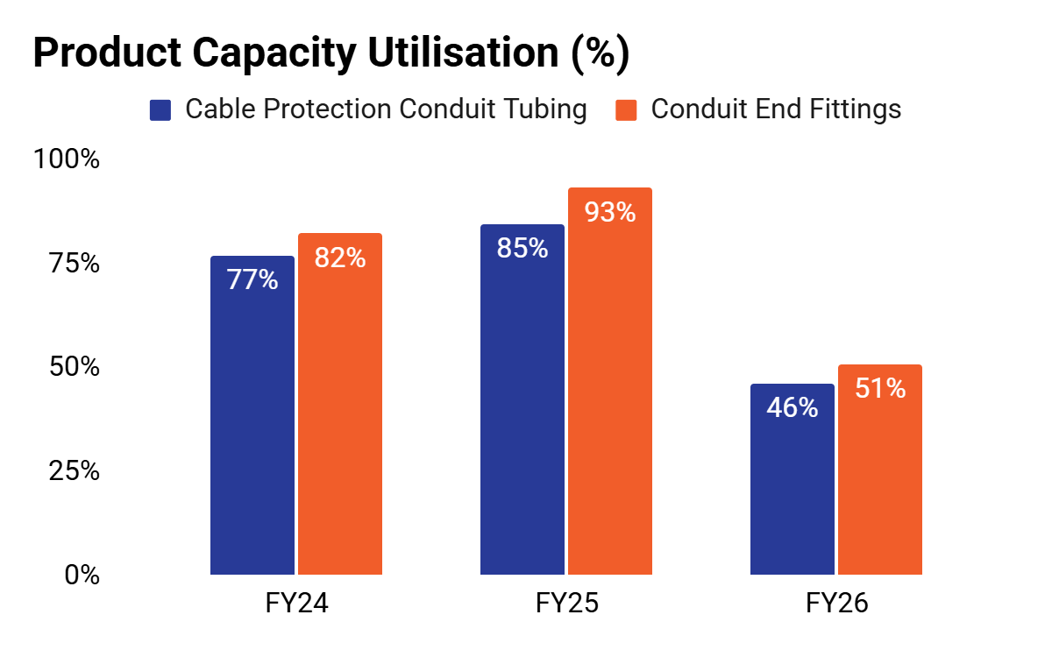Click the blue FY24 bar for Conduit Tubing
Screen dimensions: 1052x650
click(x=252, y=415)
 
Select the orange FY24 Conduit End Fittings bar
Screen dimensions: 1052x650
click(x=340, y=404)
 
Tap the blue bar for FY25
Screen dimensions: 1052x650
click(x=522, y=399)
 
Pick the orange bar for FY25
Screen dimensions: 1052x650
click(x=610, y=381)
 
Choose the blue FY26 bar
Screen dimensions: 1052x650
click(x=793, y=479)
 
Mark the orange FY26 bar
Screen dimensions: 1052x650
click(x=880, y=470)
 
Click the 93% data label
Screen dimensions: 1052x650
click(x=610, y=212)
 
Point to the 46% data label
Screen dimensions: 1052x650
click(x=793, y=406)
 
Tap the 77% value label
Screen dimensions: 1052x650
click(x=252, y=279)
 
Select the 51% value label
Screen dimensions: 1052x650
click(x=880, y=388)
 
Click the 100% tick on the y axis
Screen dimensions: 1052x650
click(x=67, y=159)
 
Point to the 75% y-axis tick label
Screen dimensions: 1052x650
click(x=75, y=263)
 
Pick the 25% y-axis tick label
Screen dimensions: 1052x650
click(x=75, y=470)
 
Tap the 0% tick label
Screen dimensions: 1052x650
click(x=82, y=575)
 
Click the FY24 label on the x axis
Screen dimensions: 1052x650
click(x=297, y=603)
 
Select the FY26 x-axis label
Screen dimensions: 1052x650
click(x=837, y=603)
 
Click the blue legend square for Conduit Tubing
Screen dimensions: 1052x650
click(x=160, y=110)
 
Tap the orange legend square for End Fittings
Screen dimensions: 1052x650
click(x=626, y=110)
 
